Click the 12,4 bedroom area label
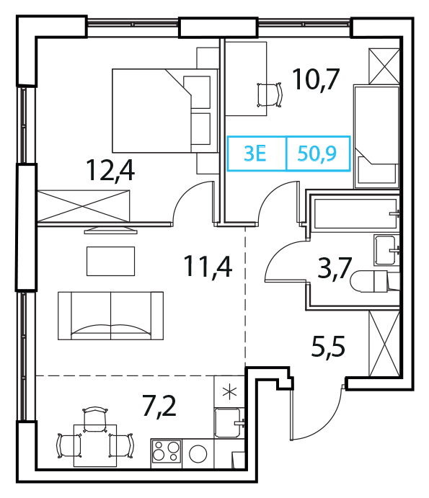click(x=110, y=171)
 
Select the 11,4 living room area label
click(x=208, y=267)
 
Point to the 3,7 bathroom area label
click(x=335, y=267)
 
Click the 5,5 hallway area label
click(x=328, y=347)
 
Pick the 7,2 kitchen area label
click(x=159, y=406)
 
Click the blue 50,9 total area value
click(x=317, y=154)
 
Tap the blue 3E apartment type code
click(x=255, y=154)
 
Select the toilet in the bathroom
click(x=375, y=281)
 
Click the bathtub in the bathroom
click(x=355, y=213)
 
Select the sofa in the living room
click(x=110, y=316)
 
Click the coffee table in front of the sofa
click(x=110, y=262)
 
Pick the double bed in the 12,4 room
click(x=165, y=110)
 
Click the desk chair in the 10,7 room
click(x=270, y=94)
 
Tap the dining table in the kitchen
click(x=95, y=445)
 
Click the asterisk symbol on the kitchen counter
click(x=229, y=393)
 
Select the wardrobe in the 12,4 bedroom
click(x=84, y=206)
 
